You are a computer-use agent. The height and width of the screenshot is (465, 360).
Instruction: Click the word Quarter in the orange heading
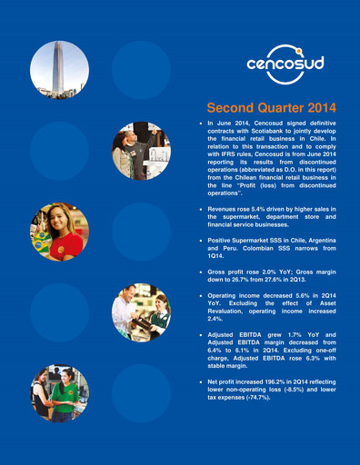[266, 107]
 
